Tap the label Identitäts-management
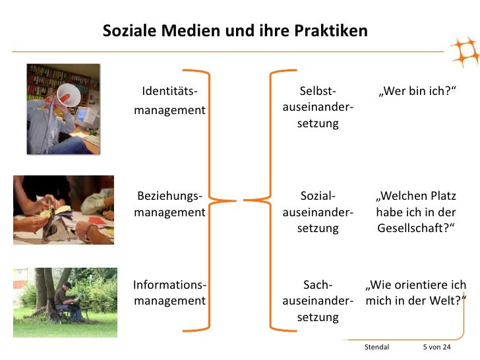click(x=169, y=100)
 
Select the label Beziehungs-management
click(x=169, y=204)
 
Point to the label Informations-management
click(x=169, y=293)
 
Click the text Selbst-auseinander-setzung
click(x=318, y=107)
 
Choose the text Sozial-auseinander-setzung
click(x=318, y=212)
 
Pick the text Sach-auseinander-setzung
click(x=318, y=301)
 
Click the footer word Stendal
click(x=376, y=347)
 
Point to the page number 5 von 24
click(x=436, y=347)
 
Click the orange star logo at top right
click(x=463, y=52)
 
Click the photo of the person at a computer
click(x=63, y=109)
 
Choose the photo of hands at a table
click(x=63, y=209)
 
